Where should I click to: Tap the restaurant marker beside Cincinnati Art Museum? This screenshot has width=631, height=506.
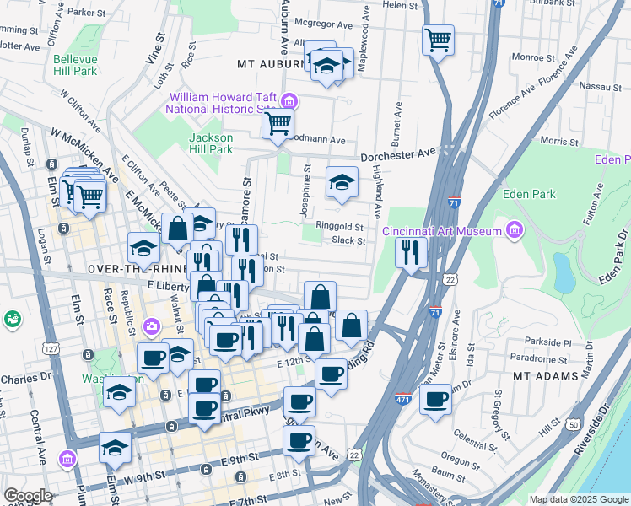click(x=411, y=253)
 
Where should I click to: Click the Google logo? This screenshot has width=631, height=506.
click(x=28, y=496)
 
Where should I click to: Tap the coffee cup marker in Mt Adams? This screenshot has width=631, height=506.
click(x=435, y=401)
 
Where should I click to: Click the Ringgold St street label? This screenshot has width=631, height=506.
click(x=340, y=226)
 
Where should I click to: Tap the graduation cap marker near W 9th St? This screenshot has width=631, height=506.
click(x=115, y=449)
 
